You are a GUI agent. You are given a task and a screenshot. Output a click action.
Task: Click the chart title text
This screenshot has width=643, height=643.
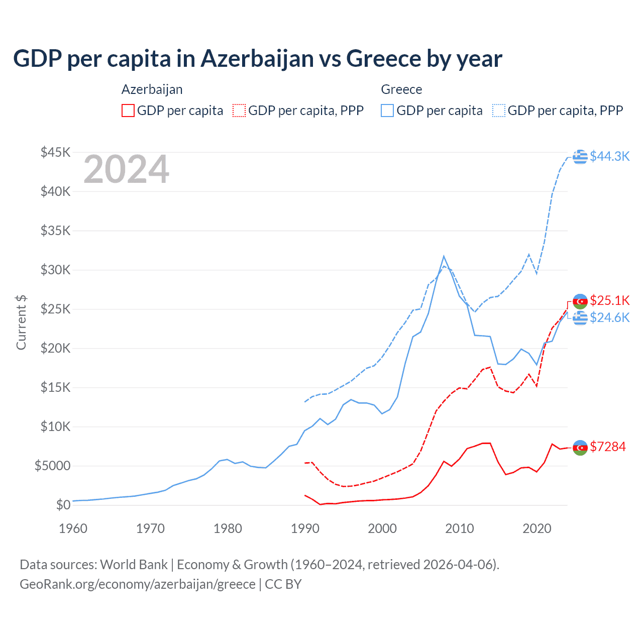coord(257,59)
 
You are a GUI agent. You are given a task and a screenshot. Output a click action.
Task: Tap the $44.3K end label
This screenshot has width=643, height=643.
coord(609,156)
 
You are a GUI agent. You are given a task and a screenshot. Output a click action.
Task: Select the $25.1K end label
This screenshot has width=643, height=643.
coord(609,300)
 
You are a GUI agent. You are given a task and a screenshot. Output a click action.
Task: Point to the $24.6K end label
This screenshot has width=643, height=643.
coord(609,317)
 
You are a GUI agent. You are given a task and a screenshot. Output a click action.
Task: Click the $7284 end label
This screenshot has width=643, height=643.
coord(608,447)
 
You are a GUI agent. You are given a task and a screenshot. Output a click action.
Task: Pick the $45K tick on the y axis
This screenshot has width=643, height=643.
coord(56,152)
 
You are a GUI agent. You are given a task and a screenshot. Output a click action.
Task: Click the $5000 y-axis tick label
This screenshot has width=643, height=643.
coord(52,466)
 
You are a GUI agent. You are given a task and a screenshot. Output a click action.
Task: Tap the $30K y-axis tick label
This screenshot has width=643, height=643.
coord(56,270)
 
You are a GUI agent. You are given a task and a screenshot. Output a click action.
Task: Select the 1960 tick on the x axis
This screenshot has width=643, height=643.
coord(73,528)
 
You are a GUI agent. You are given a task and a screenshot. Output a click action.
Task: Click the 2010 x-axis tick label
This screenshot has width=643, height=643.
coord(460,528)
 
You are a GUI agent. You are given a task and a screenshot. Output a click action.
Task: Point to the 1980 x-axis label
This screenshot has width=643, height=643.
coord(228,528)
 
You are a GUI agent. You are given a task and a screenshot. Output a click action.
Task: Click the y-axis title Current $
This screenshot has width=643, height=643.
coord(21,323)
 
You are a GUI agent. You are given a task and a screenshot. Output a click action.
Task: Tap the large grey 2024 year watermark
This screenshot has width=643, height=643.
coord(126,170)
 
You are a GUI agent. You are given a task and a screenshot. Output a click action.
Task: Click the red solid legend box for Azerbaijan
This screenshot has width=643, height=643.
coord(128,111)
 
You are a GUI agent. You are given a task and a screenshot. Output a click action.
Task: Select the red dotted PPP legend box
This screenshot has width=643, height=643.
coord(239,111)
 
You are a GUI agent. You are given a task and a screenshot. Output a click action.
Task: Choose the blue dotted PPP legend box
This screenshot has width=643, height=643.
coord(499,111)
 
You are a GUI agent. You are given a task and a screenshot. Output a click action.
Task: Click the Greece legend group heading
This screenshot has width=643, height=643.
coord(401,89)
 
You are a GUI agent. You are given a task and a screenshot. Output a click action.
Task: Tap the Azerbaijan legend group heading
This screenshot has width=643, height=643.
coord(152,89)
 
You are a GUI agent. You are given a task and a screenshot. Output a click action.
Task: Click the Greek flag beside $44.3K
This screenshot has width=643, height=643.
coord(580,157)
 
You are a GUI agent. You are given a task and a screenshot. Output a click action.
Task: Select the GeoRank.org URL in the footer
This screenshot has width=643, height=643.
coord(137,584)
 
